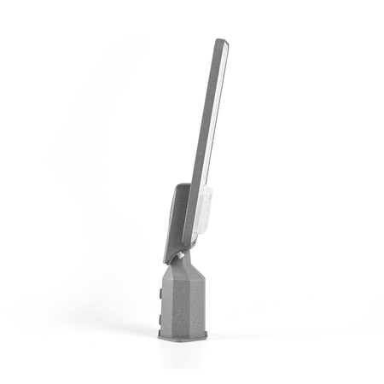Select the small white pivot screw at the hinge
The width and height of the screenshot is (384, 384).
(180, 253)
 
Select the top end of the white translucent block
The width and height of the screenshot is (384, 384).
(205, 189)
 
